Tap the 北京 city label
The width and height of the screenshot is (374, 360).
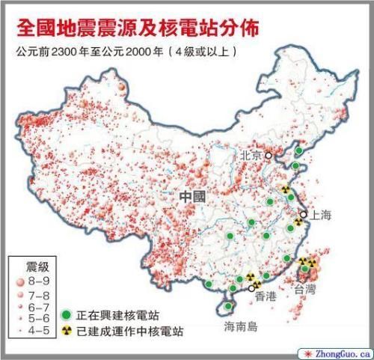coord(250,156)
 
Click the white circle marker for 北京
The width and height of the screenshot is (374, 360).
coord(268,156)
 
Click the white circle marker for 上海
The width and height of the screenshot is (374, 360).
coord(303,214)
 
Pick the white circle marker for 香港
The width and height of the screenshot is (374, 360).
coord(251,287)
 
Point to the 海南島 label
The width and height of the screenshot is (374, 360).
coord(240,327)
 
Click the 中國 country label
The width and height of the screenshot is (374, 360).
coord(192,197)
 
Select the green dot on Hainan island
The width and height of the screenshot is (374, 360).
coord(228,306)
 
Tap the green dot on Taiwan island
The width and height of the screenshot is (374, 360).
coord(305,269)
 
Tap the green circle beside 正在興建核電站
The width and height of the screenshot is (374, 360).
coord(67,315)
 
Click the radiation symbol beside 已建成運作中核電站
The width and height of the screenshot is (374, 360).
coord(67,331)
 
